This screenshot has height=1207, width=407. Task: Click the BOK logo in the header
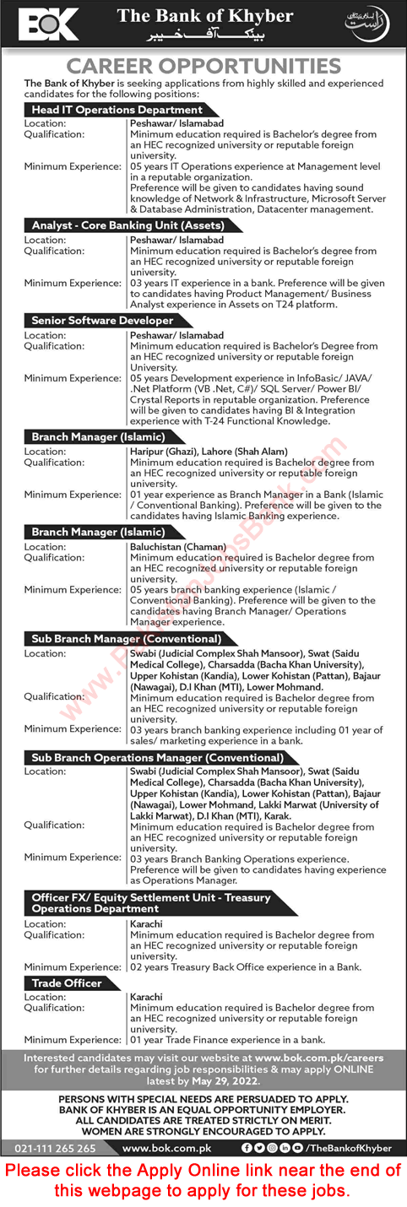[x=49, y=24]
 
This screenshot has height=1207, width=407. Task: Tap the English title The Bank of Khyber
[x=205, y=17]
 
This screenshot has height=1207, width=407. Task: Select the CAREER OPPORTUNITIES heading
[x=203, y=67]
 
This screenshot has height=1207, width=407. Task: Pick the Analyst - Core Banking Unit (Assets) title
[x=128, y=225]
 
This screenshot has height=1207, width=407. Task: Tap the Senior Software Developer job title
[x=102, y=321]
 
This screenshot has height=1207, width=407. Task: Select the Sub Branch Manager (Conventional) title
[x=127, y=639]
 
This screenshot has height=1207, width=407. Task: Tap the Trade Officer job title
[x=67, y=983]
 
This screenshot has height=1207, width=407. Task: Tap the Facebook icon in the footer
[x=246, y=1148]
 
